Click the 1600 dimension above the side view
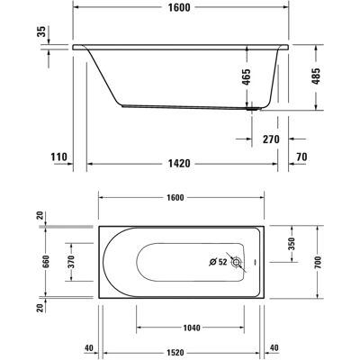point(179,7)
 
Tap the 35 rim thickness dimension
point(42,31)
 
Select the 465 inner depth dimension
point(247,77)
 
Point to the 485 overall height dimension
point(316,76)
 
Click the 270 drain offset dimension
point(271,139)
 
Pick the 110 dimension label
point(58,157)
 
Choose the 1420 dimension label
point(179,164)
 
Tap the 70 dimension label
point(301,157)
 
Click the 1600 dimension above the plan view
point(175,198)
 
